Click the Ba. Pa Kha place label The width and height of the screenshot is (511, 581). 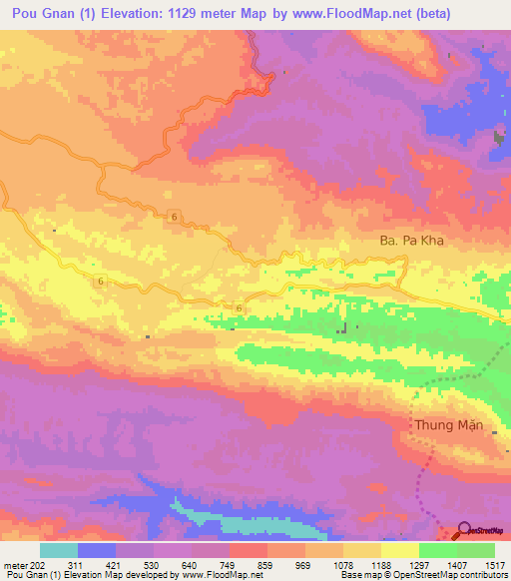[411, 241]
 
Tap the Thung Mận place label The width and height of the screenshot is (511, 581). [449, 425]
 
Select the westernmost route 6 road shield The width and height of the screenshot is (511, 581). [102, 282]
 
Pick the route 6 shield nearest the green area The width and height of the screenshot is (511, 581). [241, 308]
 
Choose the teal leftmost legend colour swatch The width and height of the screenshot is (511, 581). [58, 550]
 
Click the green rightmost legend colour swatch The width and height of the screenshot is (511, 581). [475, 550]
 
